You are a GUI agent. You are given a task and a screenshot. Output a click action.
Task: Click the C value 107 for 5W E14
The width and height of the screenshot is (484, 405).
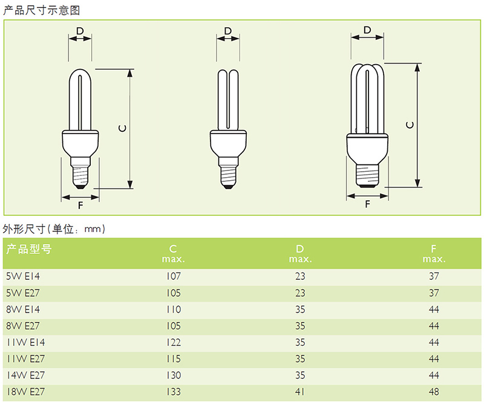pyautogui.click(x=173, y=276)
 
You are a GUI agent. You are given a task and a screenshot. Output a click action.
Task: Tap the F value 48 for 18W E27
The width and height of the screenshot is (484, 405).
pyautogui.click(x=433, y=392)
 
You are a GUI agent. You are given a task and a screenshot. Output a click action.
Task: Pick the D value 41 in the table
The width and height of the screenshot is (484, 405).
pyautogui.click(x=300, y=392)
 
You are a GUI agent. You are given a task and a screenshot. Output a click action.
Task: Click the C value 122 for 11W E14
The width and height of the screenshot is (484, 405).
pyautogui.click(x=173, y=342)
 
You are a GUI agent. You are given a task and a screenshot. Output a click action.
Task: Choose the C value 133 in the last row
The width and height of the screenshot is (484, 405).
pyautogui.click(x=173, y=392)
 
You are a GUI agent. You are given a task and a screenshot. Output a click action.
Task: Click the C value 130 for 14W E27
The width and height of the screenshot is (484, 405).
pyautogui.click(x=173, y=375)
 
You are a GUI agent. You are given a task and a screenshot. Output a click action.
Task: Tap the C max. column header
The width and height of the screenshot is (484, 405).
pyautogui.click(x=173, y=253)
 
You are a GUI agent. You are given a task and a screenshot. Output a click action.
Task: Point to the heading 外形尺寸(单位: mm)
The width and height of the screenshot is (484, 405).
pyautogui.click(x=54, y=229)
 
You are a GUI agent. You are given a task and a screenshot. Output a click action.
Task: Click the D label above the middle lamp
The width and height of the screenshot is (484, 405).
pyautogui.click(x=227, y=31)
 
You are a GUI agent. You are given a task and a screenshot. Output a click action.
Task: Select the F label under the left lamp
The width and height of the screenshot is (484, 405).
pyautogui.click(x=80, y=204)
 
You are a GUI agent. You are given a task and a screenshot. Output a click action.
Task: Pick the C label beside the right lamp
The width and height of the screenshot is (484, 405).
pyautogui.click(x=411, y=125)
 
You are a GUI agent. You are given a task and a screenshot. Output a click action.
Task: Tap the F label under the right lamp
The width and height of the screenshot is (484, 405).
pyautogui.click(x=367, y=204)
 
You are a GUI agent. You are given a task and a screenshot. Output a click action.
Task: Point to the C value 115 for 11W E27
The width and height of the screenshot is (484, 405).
pyautogui.click(x=173, y=359)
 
